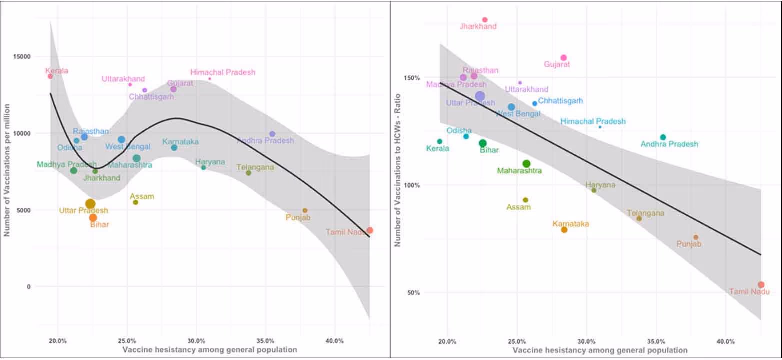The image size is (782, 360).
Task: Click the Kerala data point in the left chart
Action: [x=50, y=76]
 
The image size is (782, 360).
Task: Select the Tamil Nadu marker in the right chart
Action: [x=761, y=285]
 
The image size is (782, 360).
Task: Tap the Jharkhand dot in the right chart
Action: [x=484, y=20]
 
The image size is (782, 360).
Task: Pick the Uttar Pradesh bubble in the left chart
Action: [x=90, y=203]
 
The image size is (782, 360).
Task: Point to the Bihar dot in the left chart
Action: [x=93, y=218]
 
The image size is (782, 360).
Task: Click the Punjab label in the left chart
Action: [x=298, y=217]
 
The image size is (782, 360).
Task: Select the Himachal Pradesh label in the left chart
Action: [x=223, y=72]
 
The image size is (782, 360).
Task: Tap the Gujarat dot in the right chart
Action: [x=563, y=58]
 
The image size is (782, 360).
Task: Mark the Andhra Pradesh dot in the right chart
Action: [x=663, y=137]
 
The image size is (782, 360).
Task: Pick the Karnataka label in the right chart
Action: [x=570, y=224]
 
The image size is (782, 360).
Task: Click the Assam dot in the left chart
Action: [x=135, y=202]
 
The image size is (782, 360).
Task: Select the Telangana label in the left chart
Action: [x=255, y=167]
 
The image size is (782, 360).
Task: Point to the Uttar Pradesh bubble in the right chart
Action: [x=480, y=96]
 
